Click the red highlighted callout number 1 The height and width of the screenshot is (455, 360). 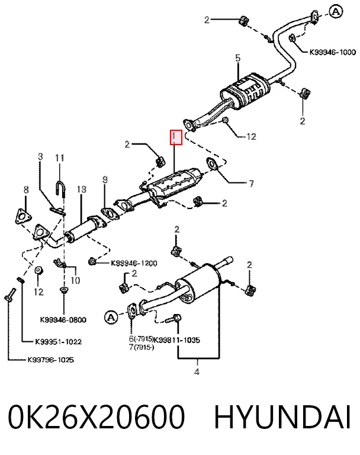point(176,137)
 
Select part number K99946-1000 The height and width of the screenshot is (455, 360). point(332,52)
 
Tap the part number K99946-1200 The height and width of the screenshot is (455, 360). point(134,263)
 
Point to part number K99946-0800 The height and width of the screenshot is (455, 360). point(63,320)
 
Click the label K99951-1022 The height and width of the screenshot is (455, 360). point(58,341)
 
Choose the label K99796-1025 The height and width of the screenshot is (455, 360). point(51,360)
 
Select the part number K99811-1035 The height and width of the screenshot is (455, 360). point(176,340)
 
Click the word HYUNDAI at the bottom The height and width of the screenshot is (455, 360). point(282,417)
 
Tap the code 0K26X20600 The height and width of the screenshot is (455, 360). point(97,417)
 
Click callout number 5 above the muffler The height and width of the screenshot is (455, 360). point(238,58)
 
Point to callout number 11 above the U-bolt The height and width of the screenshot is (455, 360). point(59,158)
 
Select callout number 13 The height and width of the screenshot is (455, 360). point(82,190)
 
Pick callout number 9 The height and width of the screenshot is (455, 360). point(105,180)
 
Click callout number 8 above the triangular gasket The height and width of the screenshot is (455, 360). point(26,190)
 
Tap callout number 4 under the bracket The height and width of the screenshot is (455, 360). point(197,371)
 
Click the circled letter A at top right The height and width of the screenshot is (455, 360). point(336,12)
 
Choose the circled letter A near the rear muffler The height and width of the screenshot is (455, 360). point(111,318)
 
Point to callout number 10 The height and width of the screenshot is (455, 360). point(75,280)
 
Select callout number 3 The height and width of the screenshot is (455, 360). point(40,156)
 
